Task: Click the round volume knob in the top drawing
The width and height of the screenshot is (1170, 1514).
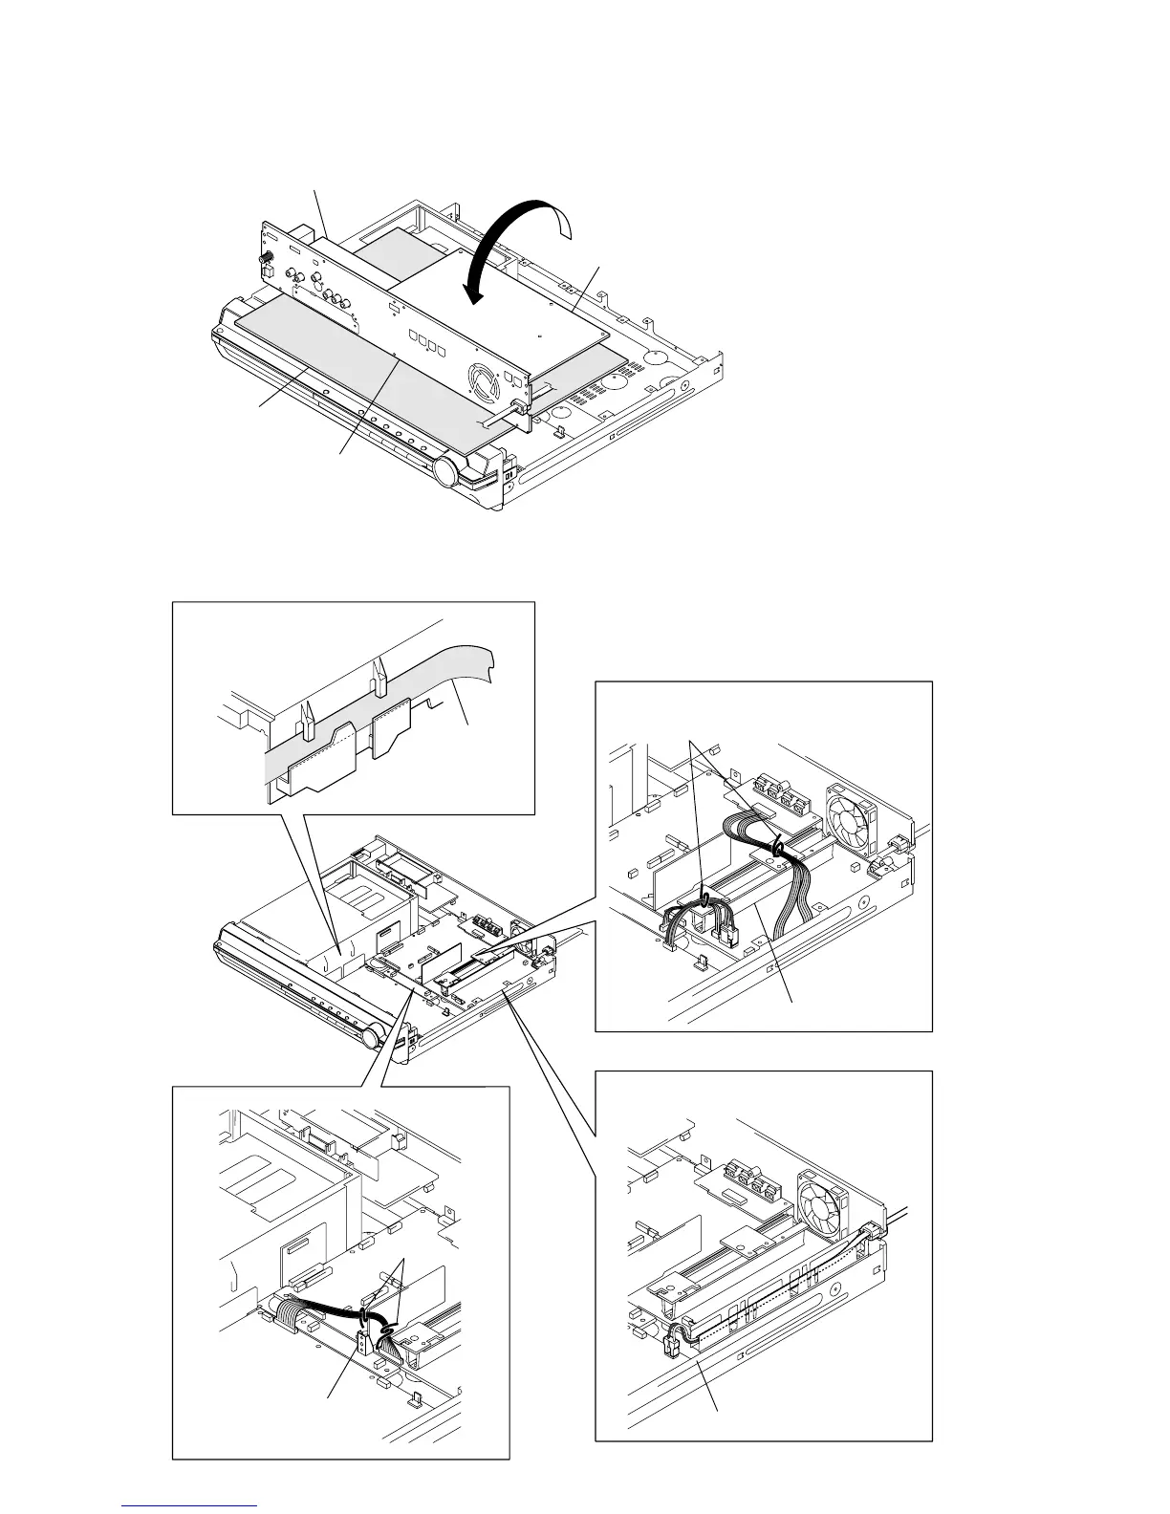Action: tap(446, 471)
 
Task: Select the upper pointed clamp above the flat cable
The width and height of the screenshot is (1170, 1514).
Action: tap(379, 677)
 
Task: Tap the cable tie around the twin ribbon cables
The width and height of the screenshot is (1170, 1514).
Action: tap(778, 847)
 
